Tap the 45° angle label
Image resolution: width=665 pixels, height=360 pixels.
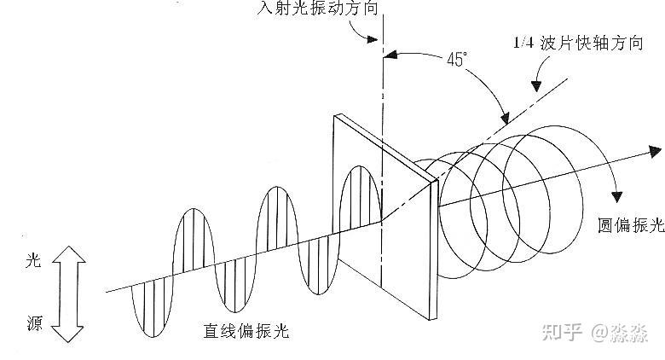point(458,60)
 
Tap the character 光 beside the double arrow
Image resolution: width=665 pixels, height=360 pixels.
point(34,266)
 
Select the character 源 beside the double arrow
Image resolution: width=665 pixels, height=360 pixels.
point(34,322)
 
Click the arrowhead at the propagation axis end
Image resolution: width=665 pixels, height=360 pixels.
point(655,151)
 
